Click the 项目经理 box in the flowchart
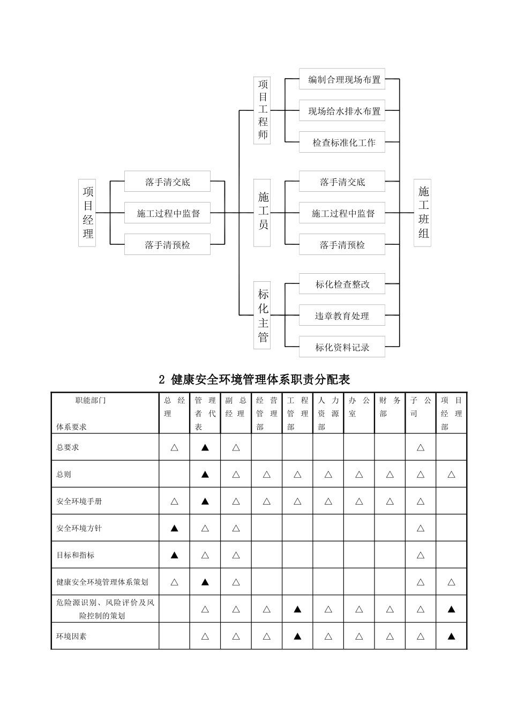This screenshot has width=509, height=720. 87,213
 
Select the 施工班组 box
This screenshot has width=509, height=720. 423,213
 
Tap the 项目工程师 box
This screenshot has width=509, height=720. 262,110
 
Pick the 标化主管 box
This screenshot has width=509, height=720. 262,316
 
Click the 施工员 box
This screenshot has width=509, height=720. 262,213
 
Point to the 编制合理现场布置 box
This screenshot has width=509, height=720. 342,80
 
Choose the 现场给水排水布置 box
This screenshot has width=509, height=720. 342,111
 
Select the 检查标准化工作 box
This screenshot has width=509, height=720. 342,143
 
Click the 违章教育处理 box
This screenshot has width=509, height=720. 342,316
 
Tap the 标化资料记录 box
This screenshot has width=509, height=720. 342,348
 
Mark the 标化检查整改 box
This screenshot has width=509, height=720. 342,284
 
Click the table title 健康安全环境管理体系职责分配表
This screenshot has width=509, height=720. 254,380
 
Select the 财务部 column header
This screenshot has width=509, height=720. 390,413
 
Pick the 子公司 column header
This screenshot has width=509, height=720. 420,413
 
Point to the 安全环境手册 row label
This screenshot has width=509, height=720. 79,501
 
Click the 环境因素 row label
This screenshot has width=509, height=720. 72,636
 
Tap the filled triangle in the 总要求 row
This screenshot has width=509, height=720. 205,447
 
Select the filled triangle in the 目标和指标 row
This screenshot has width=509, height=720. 174,555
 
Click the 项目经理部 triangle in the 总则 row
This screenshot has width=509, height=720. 451,475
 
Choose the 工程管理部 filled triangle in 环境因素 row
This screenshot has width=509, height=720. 297,636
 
